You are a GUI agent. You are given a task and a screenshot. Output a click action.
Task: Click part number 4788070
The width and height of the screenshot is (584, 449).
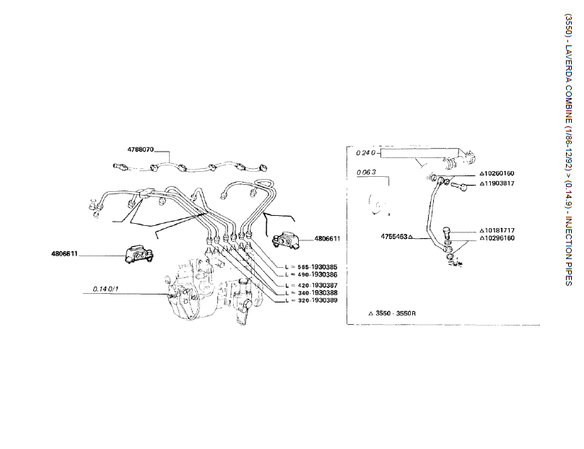click(x=141, y=149)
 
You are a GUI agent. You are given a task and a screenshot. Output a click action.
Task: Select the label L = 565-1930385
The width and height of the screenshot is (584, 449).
click(x=311, y=267)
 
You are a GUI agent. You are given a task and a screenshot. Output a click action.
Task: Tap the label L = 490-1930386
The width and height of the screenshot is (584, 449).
click(x=311, y=275)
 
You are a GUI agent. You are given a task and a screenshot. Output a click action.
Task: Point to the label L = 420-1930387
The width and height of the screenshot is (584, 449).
click(x=311, y=285)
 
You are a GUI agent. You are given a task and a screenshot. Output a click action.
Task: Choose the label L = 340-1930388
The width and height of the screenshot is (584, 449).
click(x=311, y=292)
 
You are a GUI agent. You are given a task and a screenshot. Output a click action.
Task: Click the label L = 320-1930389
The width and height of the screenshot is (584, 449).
click(x=311, y=300)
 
